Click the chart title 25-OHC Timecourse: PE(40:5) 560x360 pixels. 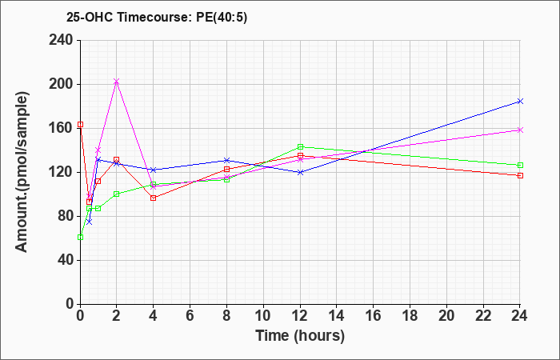coord(157,18)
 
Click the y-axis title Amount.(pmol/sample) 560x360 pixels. coord(22,172)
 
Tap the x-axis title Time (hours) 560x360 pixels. coord(300,336)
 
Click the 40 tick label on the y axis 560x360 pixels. coord(65,260)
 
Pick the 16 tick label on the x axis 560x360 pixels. coord(374,316)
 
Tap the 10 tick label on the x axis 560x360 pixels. coord(263,316)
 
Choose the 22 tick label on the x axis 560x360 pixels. coord(483,316)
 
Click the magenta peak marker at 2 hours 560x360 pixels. coord(116,82)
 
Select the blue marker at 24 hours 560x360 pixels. coord(520,102)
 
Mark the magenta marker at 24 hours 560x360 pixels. coord(520,130)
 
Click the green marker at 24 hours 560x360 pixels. coord(520,166)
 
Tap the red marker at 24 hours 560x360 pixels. coord(520,175)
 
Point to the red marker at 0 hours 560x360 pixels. coord(80,125)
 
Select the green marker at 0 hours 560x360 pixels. coord(80,237)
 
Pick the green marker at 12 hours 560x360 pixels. coord(300,146)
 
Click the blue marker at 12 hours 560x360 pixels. coord(300,172)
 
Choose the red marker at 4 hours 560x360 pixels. coord(154,198)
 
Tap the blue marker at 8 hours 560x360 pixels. coord(226,160)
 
